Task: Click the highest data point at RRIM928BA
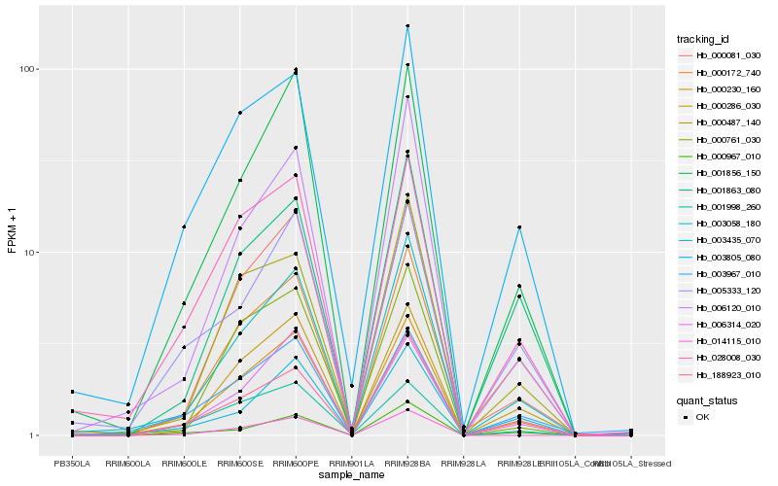coord(407,26)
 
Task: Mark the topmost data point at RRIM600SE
coord(239,113)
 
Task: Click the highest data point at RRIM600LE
coord(184,226)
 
